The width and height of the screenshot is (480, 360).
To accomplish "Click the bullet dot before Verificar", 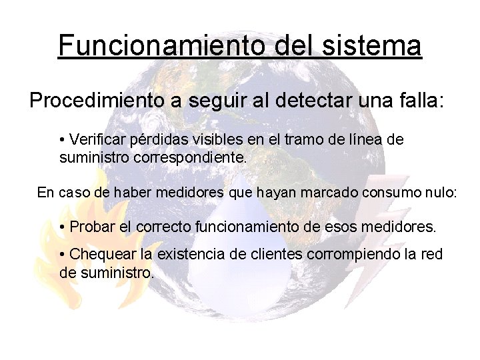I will coord(62,141).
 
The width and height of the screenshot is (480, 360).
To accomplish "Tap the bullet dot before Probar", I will coord(62,227).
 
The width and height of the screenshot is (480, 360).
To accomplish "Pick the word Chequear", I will coord(103,254).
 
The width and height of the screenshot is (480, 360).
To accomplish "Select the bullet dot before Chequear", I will coord(62,255).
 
